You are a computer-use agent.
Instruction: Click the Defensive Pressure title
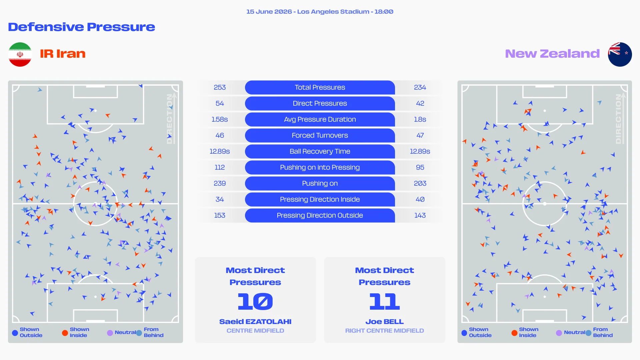81,27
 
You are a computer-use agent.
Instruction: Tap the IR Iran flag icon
20,54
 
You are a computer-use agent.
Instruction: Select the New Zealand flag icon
620,54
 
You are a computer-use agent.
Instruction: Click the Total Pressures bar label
320,87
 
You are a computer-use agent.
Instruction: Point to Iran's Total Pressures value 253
220,87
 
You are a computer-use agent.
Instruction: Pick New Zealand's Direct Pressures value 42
420,103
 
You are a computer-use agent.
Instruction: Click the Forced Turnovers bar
320,135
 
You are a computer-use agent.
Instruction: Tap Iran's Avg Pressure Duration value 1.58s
220,119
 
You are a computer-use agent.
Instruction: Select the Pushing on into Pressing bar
320,167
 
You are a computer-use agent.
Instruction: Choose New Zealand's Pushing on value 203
420,183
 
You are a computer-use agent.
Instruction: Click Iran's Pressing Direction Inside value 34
220,199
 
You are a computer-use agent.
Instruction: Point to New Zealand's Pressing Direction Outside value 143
420,215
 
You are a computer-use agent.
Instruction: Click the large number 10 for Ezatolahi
255,301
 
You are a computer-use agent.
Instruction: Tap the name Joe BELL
384,322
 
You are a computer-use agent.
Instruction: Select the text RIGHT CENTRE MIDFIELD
384,331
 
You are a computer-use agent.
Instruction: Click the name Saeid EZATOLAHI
255,322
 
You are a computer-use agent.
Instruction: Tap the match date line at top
320,12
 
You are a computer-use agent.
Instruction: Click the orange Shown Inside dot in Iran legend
65,333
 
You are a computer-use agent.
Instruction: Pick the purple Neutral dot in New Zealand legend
559,333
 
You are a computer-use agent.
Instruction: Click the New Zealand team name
552,54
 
